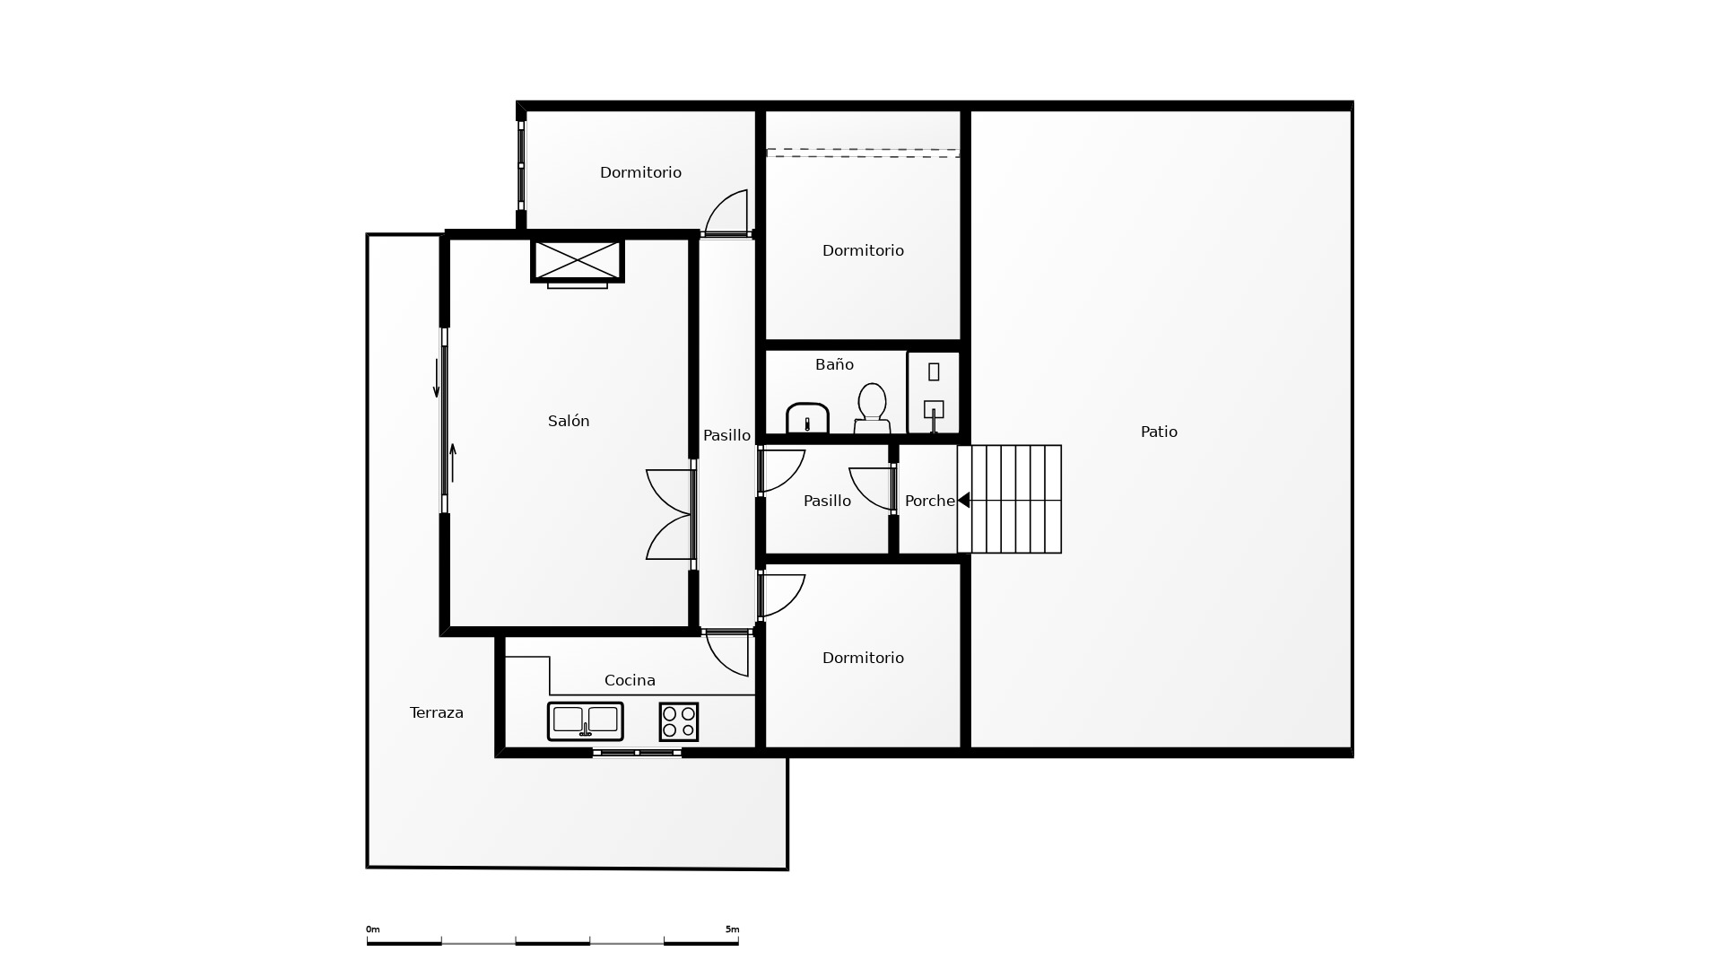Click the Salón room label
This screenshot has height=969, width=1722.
(569, 421)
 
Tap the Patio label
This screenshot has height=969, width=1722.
(1159, 432)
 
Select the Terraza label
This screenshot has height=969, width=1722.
(437, 712)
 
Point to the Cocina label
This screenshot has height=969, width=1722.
(630, 680)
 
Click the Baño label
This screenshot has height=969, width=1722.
(834, 364)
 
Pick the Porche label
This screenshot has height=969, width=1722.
(930, 501)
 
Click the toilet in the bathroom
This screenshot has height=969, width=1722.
(872, 408)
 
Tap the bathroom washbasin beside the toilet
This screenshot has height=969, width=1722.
(807, 418)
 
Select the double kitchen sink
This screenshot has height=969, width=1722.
(586, 721)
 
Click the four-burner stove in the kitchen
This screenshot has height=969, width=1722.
(679, 721)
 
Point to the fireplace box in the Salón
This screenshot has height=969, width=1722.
(578, 260)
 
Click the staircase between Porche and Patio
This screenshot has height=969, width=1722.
(1009, 499)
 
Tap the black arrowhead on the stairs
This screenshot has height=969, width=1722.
(963, 500)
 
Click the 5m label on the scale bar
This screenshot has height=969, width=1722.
(732, 930)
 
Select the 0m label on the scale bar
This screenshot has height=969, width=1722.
(372, 930)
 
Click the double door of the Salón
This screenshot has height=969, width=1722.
(671, 515)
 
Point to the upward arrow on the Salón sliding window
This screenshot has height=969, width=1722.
(453, 463)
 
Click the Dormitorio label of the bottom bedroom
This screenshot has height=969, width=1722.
(863, 658)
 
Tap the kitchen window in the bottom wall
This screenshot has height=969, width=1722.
(637, 753)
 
